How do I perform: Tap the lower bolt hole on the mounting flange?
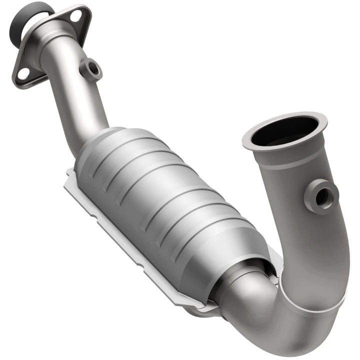tap(23, 73)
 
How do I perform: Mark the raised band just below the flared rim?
tap(290, 160)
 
